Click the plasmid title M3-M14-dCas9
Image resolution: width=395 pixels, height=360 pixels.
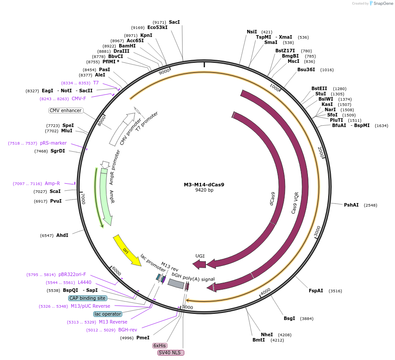click(x=204, y=185)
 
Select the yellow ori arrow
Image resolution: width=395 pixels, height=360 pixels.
click(x=126, y=250)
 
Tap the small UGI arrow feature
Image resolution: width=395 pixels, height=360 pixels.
click(x=199, y=264)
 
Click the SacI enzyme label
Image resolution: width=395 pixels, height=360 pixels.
click(x=174, y=22)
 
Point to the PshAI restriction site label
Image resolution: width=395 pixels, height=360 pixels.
click(x=351, y=205)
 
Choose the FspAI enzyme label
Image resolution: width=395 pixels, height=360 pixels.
click(x=316, y=291)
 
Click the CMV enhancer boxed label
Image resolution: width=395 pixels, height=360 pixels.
click(x=66, y=110)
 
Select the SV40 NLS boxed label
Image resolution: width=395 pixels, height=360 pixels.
click(x=171, y=353)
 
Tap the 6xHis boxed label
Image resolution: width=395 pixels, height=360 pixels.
click(x=160, y=345)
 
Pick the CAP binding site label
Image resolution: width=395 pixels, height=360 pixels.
click(x=88, y=298)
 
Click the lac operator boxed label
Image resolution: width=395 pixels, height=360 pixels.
click(x=108, y=314)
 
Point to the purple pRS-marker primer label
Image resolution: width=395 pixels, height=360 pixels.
click(x=53, y=143)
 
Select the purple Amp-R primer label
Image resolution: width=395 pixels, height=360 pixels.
click(x=52, y=183)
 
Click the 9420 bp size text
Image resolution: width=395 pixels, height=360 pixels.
click(x=204, y=190)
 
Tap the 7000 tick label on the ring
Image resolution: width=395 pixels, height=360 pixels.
click(x=83, y=199)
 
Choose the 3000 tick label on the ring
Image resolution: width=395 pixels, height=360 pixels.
click(x=318, y=232)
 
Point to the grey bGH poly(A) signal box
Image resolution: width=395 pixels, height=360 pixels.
click(x=176, y=284)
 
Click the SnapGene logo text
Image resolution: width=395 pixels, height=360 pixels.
click(x=383, y=4)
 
